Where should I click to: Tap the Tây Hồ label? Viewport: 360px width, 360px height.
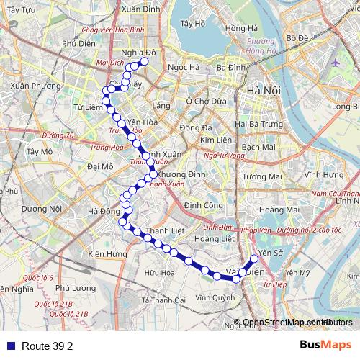coord(194,23)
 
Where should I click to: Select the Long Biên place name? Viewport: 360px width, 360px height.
coord(346,107)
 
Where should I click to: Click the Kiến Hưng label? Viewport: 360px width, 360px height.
coord(107,254)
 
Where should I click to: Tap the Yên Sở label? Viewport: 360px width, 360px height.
coord(271,253)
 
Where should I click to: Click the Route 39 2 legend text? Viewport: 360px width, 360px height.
coord(48,346)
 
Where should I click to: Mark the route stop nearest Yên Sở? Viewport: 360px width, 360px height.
coord(253,260)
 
